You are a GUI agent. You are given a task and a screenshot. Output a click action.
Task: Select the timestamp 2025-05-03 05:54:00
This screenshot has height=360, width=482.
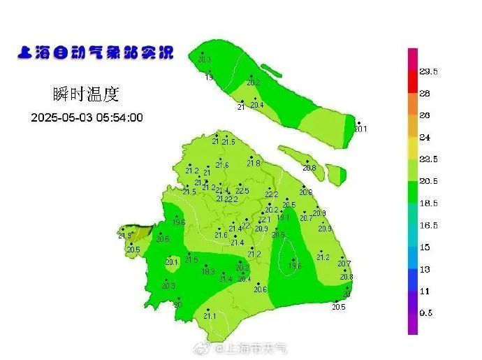click(x=87, y=117)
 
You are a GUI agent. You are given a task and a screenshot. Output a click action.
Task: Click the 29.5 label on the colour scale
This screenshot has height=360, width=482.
click(x=428, y=71)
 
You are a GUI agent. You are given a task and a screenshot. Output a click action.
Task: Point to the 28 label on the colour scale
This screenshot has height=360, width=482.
click(x=424, y=93)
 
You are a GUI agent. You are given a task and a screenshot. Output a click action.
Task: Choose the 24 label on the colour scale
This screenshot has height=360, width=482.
click(x=424, y=137)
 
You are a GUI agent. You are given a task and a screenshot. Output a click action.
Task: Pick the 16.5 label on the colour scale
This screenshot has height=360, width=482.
click(x=428, y=225)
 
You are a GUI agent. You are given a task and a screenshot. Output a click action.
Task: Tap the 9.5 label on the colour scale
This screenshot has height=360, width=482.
click(x=427, y=313)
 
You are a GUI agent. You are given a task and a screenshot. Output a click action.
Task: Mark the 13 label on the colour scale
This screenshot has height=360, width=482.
click(x=424, y=269)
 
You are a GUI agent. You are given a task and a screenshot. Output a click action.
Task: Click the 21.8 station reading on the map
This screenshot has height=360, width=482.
click(x=253, y=164)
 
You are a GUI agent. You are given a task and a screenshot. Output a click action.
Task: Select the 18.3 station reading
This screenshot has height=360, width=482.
click(x=208, y=272)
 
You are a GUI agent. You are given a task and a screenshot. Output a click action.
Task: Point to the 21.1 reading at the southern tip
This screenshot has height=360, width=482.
click(x=210, y=316)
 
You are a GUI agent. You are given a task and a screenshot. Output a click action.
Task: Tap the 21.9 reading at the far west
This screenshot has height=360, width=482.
click(x=124, y=236)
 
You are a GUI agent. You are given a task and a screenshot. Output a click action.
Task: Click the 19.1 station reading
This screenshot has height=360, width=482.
click(x=282, y=217)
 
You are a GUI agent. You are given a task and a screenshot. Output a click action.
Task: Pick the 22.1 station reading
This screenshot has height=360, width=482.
click(x=264, y=219)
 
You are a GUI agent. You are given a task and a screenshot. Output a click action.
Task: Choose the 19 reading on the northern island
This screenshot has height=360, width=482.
click(x=209, y=77)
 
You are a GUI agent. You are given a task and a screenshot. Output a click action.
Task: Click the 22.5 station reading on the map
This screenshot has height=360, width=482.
click(x=242, y=191)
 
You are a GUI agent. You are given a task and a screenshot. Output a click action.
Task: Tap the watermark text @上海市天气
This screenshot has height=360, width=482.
click(x=252, y=347)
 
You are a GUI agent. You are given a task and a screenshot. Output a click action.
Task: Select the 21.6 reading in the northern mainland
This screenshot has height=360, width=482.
click(x=222, y=165)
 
